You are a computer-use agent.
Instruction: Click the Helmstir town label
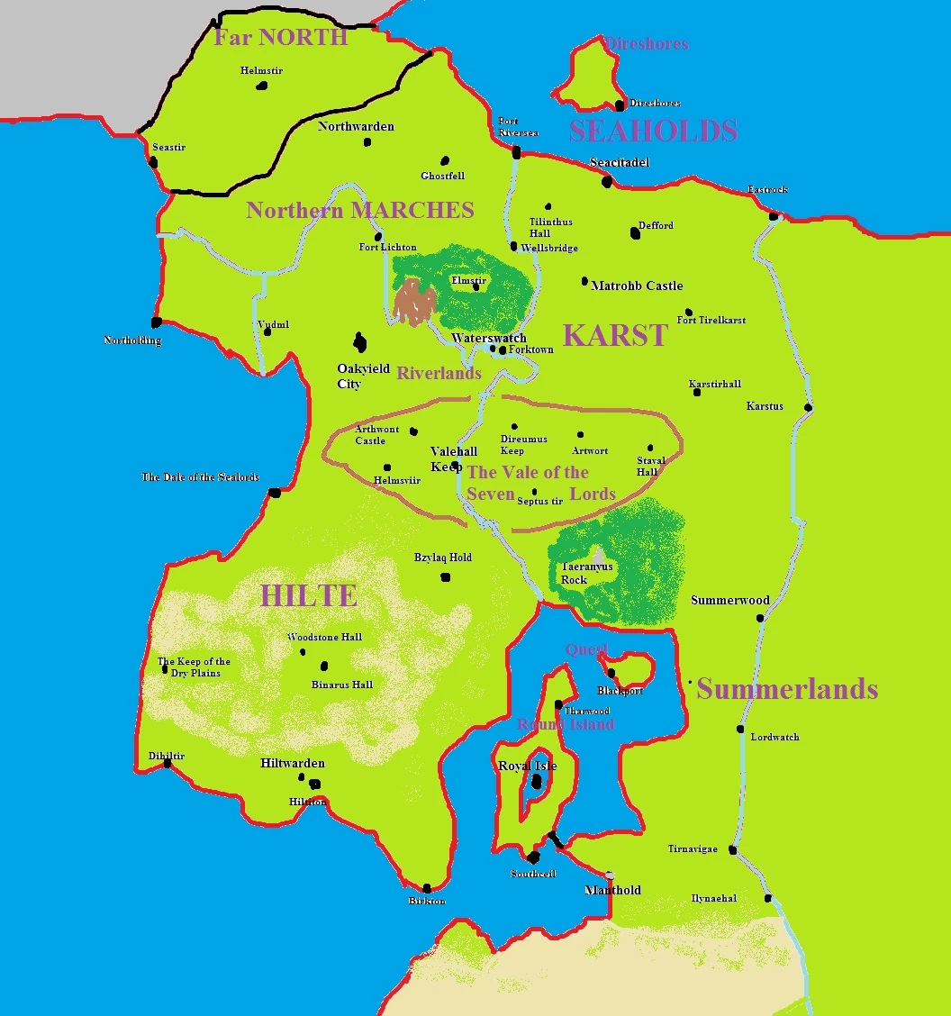click(x=260, y=70)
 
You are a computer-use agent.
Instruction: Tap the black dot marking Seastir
click(x=153, y=162)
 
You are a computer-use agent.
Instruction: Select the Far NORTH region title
click(x=280, y=37)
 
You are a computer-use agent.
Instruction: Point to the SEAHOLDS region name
click(x=653, y=132)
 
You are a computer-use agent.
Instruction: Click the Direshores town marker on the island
click(x=620, y=106)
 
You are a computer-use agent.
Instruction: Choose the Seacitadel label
click(x=619, y=162)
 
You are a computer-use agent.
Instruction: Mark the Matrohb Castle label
click(x=637, y=286)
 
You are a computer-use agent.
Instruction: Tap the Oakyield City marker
click(x=360, y=342)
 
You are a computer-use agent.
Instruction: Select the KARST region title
click(x=615, y=336)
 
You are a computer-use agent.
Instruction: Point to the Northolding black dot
click(x=157, y=322)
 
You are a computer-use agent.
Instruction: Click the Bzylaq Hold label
click(x=442, y=558)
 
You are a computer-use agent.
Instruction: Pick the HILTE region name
click(x=309, y=595)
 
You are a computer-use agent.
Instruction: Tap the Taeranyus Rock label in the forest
click(x=586, y=573)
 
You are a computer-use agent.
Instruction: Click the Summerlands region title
click(x=787, y=689)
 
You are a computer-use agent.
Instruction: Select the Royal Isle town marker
click(x=537, y=782)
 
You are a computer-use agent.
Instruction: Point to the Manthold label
click(x=612, y=890)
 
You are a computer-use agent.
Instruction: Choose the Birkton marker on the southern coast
click(x=426, y=888)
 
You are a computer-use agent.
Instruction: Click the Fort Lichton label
click(x=387, y=247)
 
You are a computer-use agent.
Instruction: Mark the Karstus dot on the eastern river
click(x=808, y=407)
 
